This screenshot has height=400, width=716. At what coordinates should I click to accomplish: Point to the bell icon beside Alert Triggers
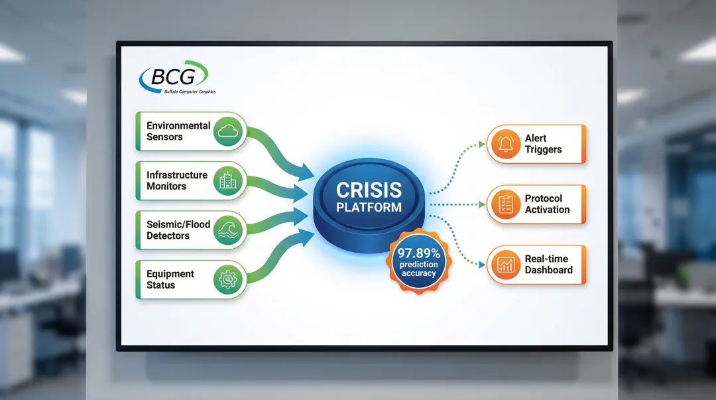pos(505,143)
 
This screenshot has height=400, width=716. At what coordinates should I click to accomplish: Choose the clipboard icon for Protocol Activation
pos(505,204)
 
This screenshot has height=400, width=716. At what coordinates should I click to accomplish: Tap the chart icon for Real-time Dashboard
pos(505,265)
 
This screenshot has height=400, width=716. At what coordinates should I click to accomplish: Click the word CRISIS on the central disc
pos(369,190)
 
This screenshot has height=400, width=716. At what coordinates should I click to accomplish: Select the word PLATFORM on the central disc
pos(369,207)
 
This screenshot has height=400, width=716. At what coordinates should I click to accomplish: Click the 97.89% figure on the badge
pos(418,253)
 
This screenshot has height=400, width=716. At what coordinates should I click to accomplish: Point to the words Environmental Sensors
pos(178,131)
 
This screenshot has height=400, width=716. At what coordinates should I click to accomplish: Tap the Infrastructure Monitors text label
pos(176,180)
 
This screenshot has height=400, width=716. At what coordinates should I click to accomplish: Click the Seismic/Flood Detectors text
pos(178,230)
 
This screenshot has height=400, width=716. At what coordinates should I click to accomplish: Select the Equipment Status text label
pos(170,279)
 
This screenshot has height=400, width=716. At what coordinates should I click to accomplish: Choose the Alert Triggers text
pos(543,144)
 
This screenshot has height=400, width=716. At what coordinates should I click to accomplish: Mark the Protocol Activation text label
pos(547,204)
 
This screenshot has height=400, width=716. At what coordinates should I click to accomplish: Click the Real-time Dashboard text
pos(548,265)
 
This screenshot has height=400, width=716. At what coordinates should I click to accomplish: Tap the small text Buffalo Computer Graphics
pos(190,92)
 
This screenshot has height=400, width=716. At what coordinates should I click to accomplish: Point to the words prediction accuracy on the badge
pos(418,269)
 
